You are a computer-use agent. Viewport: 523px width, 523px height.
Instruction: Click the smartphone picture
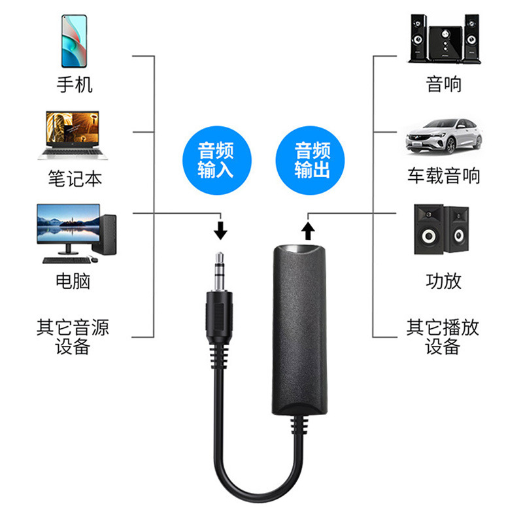[x=75, y=41]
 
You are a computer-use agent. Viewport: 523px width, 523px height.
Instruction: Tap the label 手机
[x=75, y=84]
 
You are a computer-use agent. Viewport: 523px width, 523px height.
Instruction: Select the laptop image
[x=74, y=135]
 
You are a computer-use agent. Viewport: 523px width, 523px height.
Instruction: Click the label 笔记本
[x=75, y=178]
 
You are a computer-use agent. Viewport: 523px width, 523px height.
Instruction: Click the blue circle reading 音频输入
[x=215, y=160]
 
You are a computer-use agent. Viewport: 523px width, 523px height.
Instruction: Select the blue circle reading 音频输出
[x=312, y=160]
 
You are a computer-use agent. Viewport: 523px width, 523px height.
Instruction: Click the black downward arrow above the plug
[x=221, y=229]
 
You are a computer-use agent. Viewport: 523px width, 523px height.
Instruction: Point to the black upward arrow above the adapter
[x=308, y=229]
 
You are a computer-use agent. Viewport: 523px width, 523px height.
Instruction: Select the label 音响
[x=443, y=84]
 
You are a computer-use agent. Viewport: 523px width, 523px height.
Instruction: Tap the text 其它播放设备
[x=443, y=336]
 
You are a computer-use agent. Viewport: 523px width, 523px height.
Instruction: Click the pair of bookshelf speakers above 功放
[x=441, y=232]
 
